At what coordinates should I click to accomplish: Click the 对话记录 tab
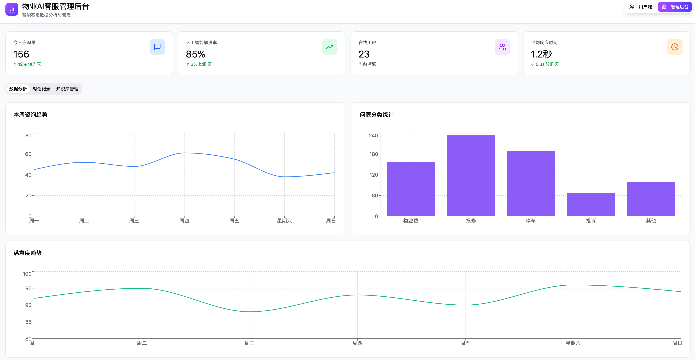(42, 89)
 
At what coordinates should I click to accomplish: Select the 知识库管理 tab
(67, 89)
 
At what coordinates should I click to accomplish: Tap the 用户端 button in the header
(641, 7)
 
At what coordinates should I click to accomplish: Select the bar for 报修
(471, 176)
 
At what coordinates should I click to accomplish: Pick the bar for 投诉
(591, 204)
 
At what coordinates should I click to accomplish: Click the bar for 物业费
(411, 189)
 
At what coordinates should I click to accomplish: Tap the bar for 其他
(651, 199)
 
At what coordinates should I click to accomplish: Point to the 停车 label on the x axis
(531, 221)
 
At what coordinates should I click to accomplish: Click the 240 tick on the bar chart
(373, 135)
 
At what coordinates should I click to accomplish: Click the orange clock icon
(675, 47)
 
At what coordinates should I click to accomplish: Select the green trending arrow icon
(330, 47)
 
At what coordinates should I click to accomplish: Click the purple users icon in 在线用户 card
(502, 47)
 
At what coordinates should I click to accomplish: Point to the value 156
(21, 54)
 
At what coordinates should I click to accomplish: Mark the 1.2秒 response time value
(541, 54)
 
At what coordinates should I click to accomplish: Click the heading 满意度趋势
(27, 253)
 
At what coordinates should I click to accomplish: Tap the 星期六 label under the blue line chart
(284, 221)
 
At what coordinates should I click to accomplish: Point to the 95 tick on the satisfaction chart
(28, 288)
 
